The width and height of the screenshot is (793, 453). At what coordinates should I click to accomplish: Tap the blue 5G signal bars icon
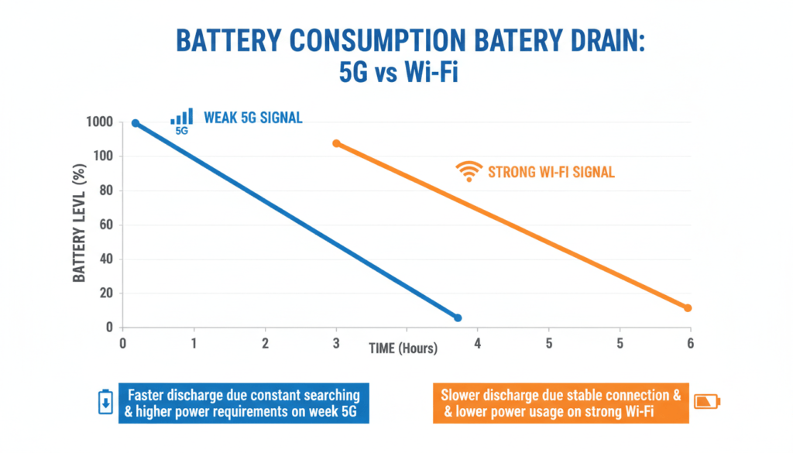point(181,118)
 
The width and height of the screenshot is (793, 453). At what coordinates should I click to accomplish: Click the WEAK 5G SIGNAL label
point(252,118)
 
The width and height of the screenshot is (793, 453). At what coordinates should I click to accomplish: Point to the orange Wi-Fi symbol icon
point(468,171)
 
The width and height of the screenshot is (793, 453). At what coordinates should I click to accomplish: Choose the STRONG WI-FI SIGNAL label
point(551,172)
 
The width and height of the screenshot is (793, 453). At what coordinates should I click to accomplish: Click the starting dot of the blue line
point(136,123)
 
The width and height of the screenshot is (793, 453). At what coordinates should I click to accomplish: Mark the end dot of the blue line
point(458,317)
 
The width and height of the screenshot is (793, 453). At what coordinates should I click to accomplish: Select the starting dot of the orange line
point(336,143)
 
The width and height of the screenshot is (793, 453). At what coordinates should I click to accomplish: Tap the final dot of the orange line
point(688,308)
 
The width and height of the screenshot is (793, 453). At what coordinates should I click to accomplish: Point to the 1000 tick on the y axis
point(100,122)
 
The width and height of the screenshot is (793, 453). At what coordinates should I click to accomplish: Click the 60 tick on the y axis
point(105,225)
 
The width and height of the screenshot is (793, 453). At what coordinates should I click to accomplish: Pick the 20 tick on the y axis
point(105,293)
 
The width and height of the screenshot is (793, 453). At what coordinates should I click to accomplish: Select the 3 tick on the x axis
point(335,342)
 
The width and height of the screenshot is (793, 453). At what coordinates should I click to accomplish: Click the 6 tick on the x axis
point(690,342)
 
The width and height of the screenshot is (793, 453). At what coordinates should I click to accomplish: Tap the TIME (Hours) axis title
point(403,348)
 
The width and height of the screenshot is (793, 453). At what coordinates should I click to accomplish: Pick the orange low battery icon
point(706,401)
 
